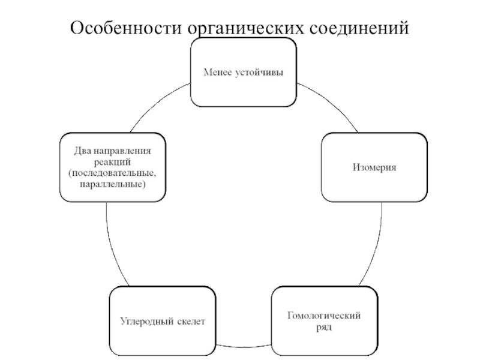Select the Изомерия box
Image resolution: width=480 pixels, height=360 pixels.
coord(374,167)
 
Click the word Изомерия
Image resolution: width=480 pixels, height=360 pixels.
coord(374,167)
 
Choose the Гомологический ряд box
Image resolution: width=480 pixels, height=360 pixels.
coord(325,321)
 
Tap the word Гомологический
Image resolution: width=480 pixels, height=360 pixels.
coord(325,316)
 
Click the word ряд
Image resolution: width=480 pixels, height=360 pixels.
coord(325,327)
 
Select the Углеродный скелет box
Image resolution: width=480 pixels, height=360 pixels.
coord(163,321)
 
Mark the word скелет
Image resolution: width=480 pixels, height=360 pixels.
coord(191,321)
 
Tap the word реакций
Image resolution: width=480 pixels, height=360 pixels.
coord(113,162)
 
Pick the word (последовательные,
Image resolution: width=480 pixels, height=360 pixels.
coord(113,173)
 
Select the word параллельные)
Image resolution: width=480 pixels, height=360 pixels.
coord(113,183)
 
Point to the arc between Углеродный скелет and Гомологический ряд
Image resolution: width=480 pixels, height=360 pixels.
coord(244,347)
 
